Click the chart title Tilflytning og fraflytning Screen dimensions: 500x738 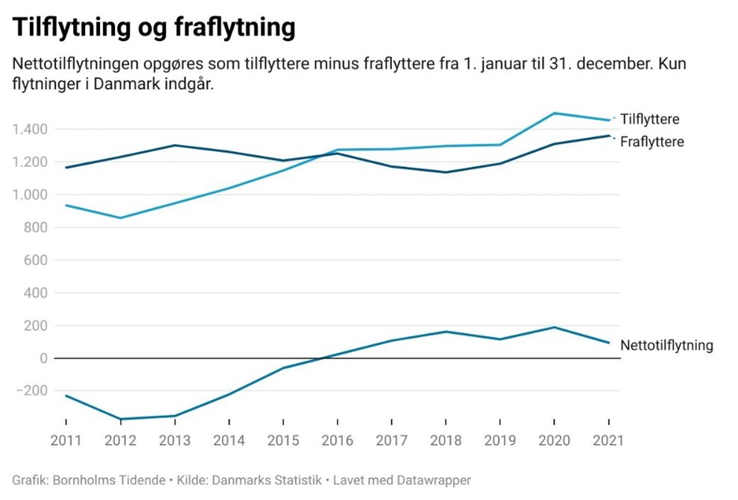click(x=154, y=28)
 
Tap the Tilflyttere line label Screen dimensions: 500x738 click(x=649, y=119)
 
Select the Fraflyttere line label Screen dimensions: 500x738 click(x=652, y=142)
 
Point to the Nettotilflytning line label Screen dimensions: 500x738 click(x=666, y=345)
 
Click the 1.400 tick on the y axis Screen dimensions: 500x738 click(x=31, y=130)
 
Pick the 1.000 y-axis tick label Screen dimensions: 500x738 click(x=31, y=195)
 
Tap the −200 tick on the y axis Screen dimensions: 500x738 click(x=31, y=391)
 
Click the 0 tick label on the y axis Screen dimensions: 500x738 click(x=44, y=358)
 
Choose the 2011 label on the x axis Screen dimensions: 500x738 click(x=66, y=440)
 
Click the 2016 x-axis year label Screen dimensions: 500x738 click(x=337, y=440)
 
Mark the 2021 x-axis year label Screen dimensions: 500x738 click(x=608, y=440)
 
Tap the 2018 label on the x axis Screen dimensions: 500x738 click(x=445, y=440)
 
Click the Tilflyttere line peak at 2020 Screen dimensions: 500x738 click(x=554, y=113)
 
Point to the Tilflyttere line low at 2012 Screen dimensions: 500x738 click(x=121, y=218)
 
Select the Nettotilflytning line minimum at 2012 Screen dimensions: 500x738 click(x=121, y=419)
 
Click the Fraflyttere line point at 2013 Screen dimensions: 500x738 click(x=174, y=145)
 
